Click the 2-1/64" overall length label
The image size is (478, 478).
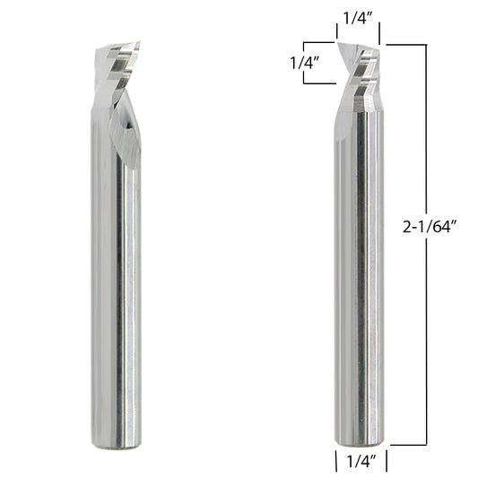coord(430,227)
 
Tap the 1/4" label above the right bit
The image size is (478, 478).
coord(358,18)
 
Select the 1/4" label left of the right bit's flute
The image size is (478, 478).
coord(304,63)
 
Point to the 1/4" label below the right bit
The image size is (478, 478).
coord(361,461)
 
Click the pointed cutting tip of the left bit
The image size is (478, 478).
coord(139,42)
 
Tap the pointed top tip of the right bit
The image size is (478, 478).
coord(338,43)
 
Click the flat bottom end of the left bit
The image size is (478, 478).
coord(117,448)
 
